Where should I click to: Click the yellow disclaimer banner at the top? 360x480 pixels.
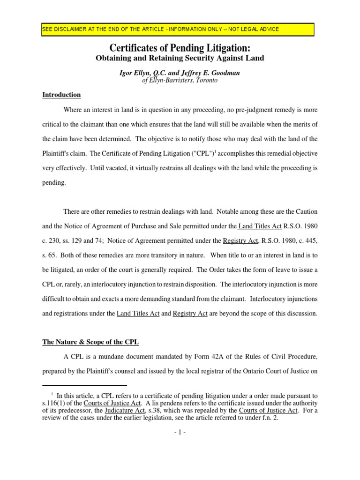(x=178, y=29)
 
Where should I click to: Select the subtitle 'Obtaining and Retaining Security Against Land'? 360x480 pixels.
(x=180, y=58)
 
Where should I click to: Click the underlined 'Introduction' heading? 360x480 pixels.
(x=61, y=95)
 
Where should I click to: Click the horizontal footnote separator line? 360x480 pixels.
(x=75, y=385)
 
